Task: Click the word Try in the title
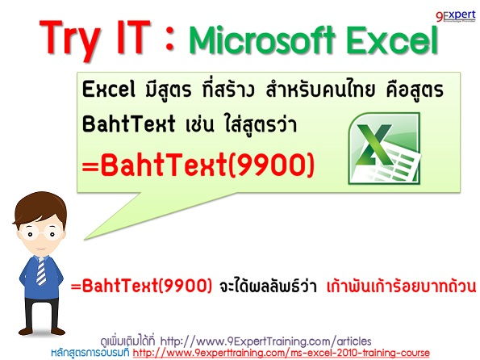(x=77, y=36)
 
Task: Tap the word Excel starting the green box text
(x=107, y=91)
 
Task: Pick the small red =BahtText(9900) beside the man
(x=142, y=287)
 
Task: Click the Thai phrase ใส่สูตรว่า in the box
(x=254, y=128)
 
